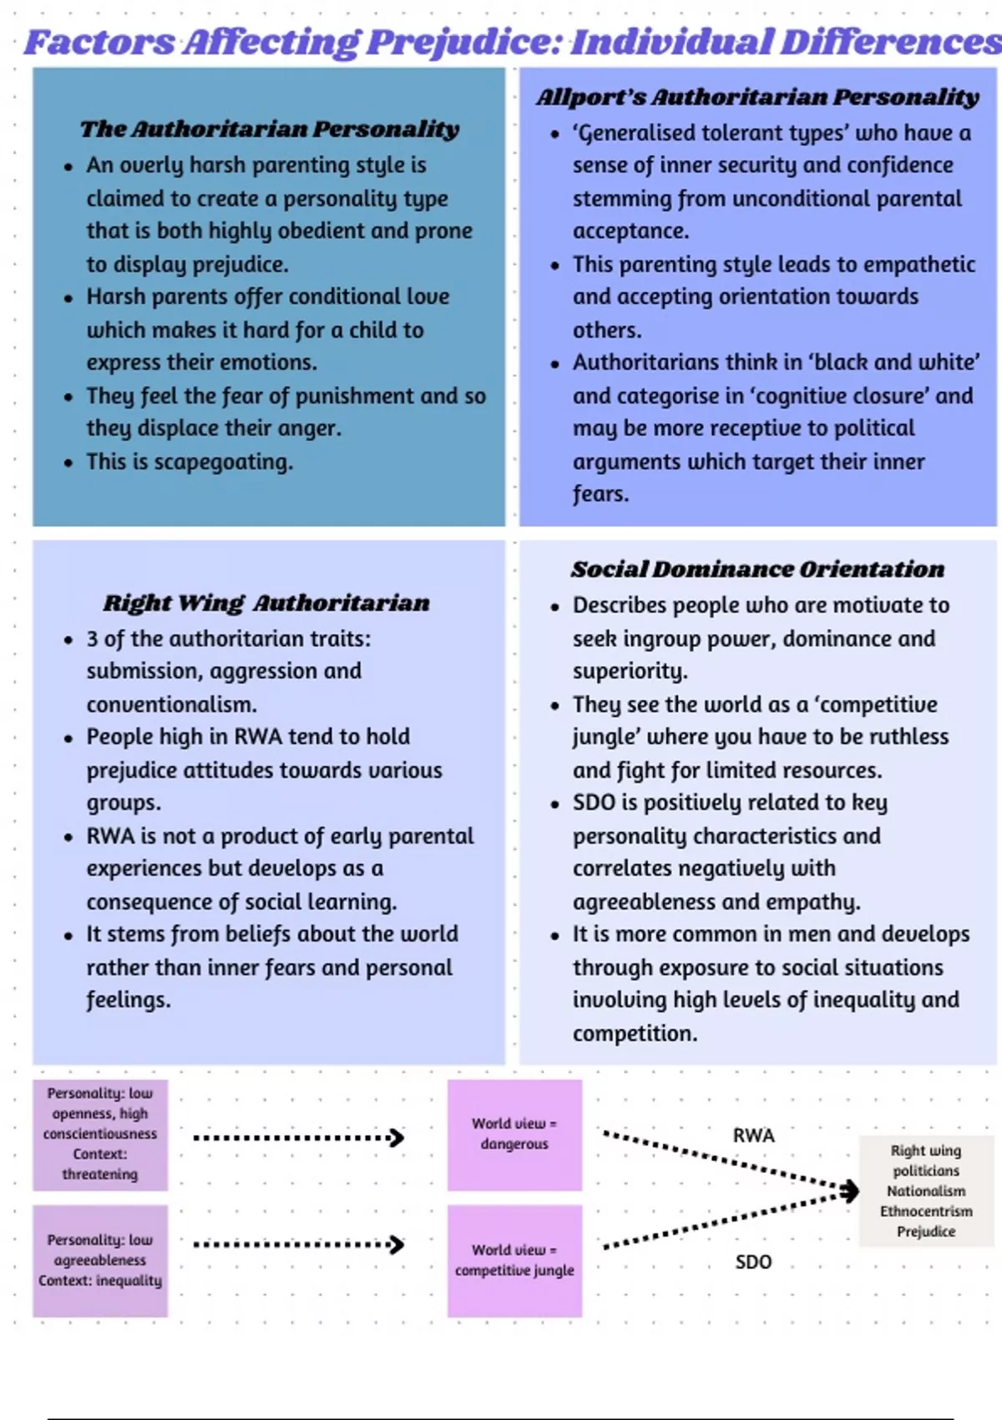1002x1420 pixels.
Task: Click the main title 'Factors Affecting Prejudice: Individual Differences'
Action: pos(511,42)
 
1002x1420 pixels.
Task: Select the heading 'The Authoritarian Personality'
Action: pos(270,129)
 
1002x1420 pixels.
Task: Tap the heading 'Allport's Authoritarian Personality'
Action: pos(757,98)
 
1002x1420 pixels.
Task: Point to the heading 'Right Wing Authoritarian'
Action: pos(266,603)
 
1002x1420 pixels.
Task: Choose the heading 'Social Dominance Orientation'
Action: pos(757,570)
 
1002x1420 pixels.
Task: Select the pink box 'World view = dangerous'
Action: pos(514,1134)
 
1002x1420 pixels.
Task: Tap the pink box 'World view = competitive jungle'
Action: pos(514,1260)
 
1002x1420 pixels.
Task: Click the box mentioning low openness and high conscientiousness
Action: pos(100,1133)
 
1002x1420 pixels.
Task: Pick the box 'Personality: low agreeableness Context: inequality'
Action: pos(100,1260)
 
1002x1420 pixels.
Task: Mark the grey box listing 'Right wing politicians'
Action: pos(926,1191)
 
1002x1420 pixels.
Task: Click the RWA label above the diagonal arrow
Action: pos(753,1136)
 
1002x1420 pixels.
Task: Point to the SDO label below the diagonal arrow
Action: pos(753,1262)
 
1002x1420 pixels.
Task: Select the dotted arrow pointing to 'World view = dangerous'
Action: pos(298,1138)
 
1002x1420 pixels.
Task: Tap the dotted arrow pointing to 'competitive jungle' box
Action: pos(298,1245)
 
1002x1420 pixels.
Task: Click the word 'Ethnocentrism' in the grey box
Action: pos(926,1211)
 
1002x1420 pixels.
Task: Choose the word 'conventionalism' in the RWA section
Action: pos(170,705)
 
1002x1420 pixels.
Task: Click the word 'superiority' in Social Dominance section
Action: pos(629,672)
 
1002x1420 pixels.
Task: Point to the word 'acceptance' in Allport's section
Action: pos(630,231)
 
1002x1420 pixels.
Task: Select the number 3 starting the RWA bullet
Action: pos(92,640)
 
